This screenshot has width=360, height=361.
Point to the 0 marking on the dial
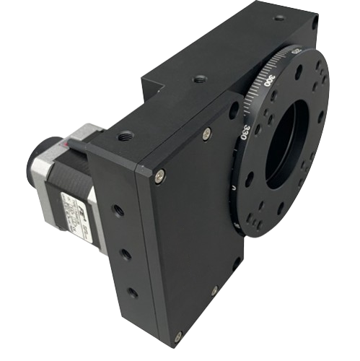[x=234, y=189]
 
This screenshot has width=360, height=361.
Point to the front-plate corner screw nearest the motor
[x=159, y=173]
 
